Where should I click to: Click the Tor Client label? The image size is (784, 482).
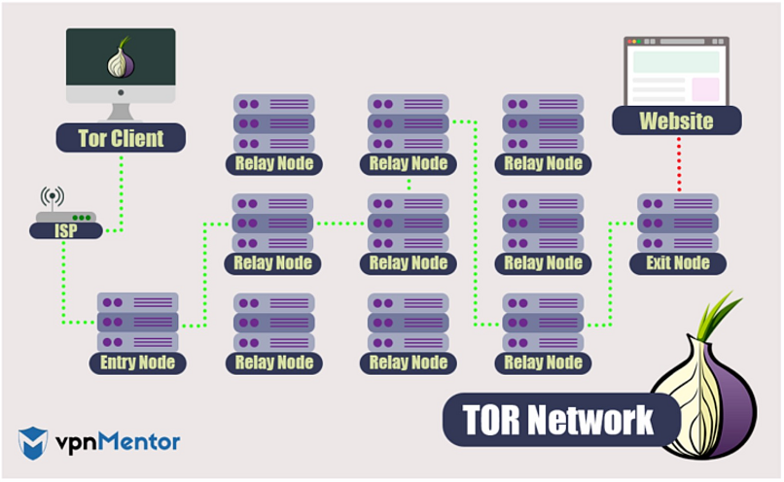tap(121, 138)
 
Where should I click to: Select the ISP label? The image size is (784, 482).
tap(65, 230)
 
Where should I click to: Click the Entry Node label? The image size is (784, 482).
tap(137, 362)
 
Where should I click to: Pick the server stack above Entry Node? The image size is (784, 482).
tap(137, 322)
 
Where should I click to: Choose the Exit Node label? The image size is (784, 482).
tap(678, 262)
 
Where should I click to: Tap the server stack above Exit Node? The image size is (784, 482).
tap(678, 223)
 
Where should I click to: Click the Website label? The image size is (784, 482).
tap(676, 121)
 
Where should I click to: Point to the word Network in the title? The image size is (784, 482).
tap(595, 420)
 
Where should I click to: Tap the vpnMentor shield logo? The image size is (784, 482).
tap(32, 442)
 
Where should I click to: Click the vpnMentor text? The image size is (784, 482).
tap(116, 442)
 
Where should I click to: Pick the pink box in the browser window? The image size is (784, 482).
tap(704, 88)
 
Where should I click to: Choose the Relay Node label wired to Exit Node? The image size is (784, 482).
tap(543, 362)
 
